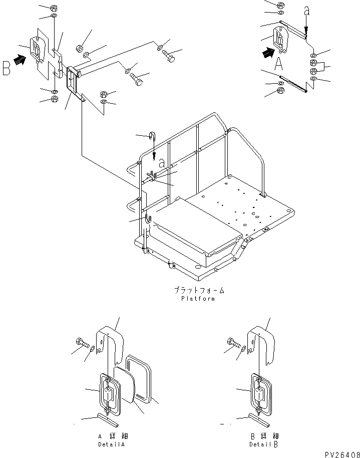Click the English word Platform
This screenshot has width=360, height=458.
click(x=198, y=299)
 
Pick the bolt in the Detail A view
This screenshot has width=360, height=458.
click(x=83, y=343)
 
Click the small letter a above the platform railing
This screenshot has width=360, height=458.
click(x=162, y=163)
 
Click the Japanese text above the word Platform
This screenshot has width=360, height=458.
click(x=199, y=290)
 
